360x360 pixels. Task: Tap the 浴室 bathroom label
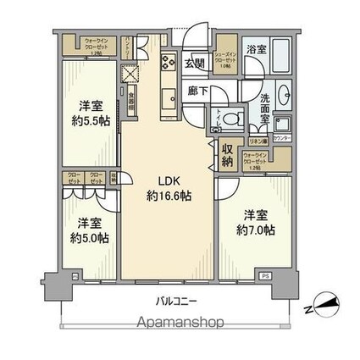click(x=257, y=50)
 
